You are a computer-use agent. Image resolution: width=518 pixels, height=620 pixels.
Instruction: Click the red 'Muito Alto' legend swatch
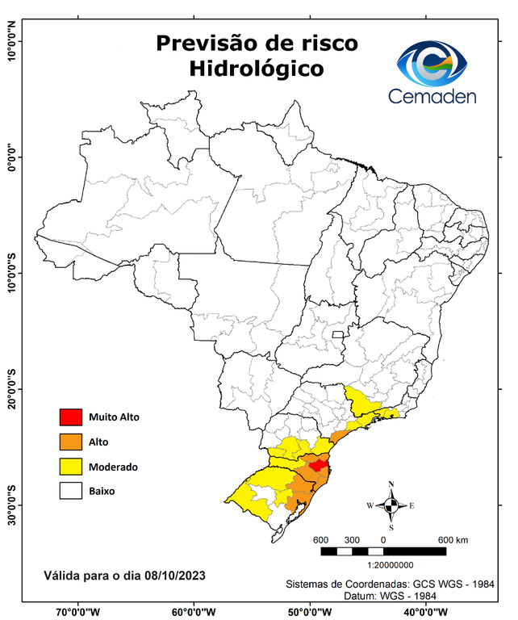70,417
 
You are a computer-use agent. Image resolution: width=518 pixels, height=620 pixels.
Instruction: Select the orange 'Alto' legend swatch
70,442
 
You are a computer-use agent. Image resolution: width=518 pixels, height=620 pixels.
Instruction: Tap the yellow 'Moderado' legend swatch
70,467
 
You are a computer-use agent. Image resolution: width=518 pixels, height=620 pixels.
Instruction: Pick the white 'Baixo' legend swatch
70,491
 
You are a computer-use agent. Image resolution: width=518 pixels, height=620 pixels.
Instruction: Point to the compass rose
391,505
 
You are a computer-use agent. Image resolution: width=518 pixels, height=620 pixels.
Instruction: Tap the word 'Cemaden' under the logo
432,96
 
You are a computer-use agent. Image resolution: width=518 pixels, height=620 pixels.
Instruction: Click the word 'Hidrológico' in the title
257,69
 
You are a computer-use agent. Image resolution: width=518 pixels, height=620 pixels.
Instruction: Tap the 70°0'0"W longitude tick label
78,611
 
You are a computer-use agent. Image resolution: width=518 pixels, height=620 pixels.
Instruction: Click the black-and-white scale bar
383,551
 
